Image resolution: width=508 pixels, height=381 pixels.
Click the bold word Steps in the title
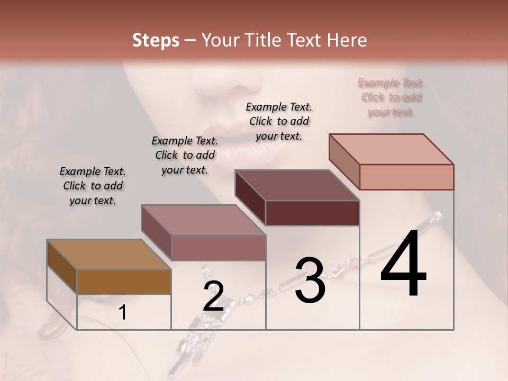[156, 40]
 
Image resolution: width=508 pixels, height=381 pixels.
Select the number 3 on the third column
[310, 280]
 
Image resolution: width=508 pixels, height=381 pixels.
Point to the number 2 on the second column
[213, 296]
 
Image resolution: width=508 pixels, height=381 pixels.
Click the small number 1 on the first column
[123, 313]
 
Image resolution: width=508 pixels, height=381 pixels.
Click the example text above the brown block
[93, 186]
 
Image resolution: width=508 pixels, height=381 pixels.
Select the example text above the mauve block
[185, 155]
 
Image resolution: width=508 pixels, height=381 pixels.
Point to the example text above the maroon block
[279, 121]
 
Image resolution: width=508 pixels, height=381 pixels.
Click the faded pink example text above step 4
[391, 97]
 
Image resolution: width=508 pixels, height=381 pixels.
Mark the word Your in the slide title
[221, 40]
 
